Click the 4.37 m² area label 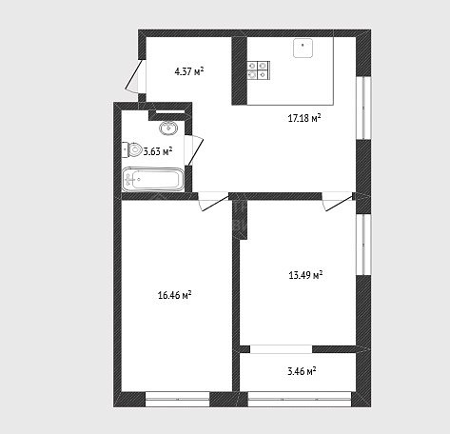point(189,71)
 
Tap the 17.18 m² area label point(304,118)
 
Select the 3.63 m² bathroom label point(158,151)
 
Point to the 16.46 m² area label point(174,295)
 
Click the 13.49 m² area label point(305,275)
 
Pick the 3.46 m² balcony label point(302,371)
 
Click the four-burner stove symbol point(258,70)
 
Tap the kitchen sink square point(303,49)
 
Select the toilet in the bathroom point(132,149)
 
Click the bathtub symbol point(153,180)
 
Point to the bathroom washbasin point(168,128)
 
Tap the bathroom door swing point(194,149)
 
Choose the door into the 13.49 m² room point(338,202)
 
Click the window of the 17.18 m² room point(363,108)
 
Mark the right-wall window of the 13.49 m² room point(363,245)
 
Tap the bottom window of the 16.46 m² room point(177,399)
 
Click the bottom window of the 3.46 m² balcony point(300,399)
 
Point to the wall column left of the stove point(240,70)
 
